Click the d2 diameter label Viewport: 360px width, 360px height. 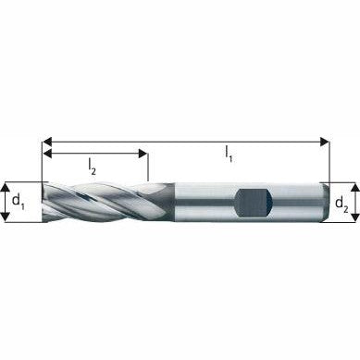tap(341, 202)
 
